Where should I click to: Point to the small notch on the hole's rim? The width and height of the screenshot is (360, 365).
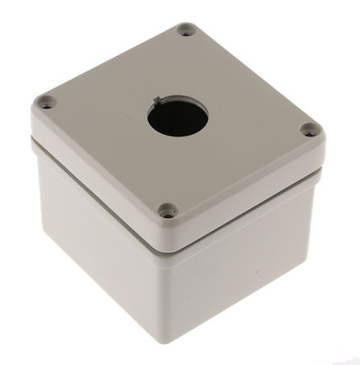(157, 101)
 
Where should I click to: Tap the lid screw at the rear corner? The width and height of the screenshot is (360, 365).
(186, 32)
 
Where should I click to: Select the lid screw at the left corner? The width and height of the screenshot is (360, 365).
(47, 103)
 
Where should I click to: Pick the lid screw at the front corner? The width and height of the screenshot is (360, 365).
(168, 211)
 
